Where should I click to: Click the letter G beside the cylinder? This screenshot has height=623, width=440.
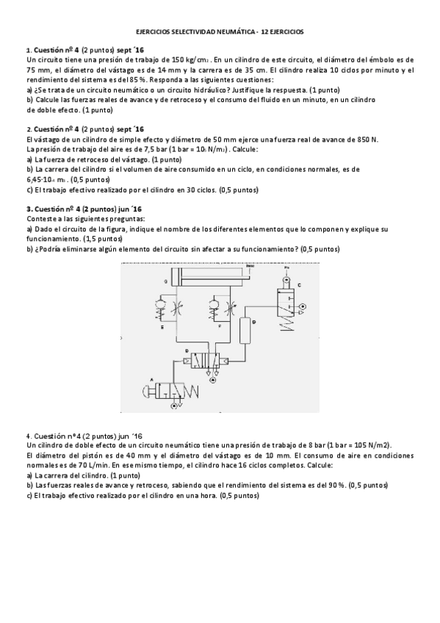coord(166,282)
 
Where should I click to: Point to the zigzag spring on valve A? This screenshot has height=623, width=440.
coord(195,389)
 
